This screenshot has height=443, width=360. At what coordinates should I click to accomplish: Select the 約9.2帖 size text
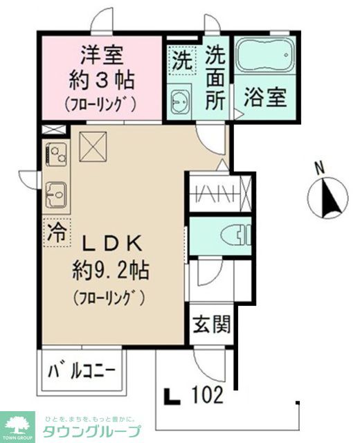click(111, 269)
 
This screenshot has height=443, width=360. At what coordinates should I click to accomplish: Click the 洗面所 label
click(217, 77)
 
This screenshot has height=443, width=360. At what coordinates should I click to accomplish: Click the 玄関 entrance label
click(212, 324)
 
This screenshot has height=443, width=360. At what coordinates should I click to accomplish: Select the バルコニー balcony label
click(80, 374)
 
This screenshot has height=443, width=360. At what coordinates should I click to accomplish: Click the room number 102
click(208, 396)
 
